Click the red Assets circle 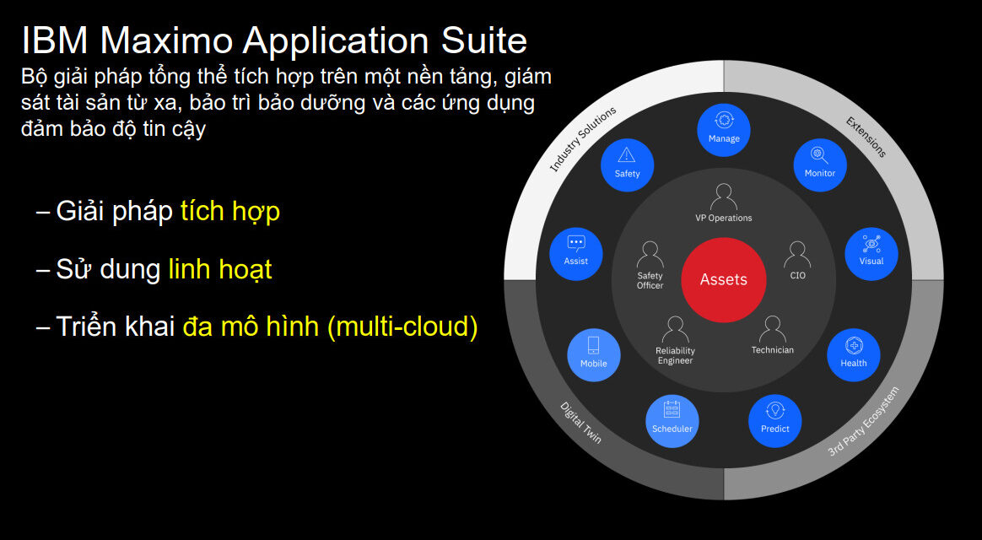click(723, 280)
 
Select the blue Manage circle click(723, 130)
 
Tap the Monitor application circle click(819, 164)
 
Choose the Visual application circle click(871, 253)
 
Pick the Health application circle click(853, 354)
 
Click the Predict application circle click(774, 420)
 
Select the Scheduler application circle click(672, 420)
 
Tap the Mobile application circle click(593, 354)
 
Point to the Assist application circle click(575, 253)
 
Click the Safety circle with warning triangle click(627, 164)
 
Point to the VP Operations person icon click(723, 197)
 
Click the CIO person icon click(797, 255)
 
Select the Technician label click(772, 350)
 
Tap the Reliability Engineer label click(675, 356)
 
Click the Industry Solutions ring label click(583, 139)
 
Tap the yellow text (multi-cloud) click(402, 327)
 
